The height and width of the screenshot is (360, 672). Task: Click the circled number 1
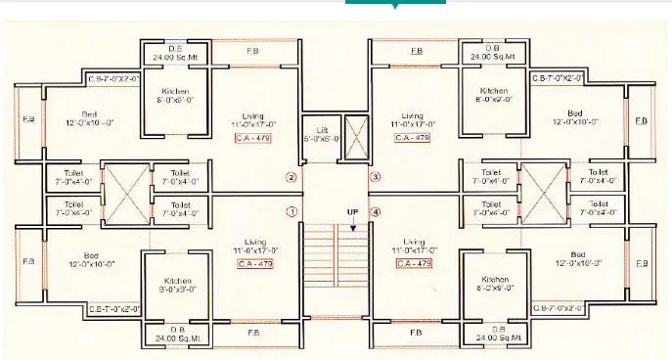tap(291, 211)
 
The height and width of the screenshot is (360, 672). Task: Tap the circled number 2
tap(291, 178)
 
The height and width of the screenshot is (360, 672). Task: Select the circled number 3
tap(375, 178)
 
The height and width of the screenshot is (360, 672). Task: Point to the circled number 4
tap(375, 211)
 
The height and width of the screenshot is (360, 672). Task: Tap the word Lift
tap(321, 129)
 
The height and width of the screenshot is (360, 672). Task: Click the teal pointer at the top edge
tap(394, 4)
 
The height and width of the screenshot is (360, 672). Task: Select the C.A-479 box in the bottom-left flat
tap(254, 263)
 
